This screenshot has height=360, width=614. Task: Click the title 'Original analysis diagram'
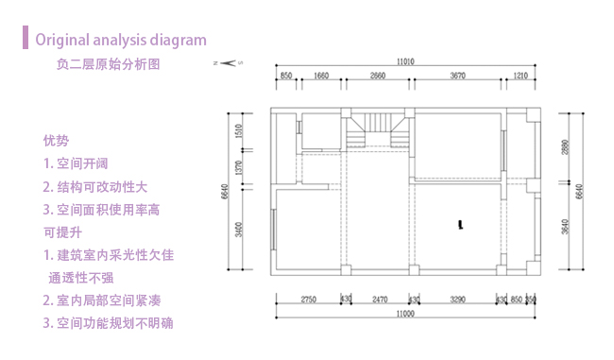click(x=120, y=40)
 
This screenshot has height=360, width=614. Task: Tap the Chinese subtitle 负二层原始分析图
click(x=108, y=65)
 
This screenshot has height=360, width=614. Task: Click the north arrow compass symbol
click(x=229, y=62)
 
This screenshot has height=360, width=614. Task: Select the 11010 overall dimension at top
click(x=406, y=61)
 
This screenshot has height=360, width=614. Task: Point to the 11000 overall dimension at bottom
click(x=406, y=314)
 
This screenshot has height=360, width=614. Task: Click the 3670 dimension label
click(x=458, y=75)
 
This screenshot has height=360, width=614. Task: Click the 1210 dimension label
click(x=520, y=75)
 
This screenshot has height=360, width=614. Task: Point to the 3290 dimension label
click(x=457, y=299)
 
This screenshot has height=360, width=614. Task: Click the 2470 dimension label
click(x=380, y=299)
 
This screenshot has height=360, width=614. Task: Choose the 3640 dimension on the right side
click(x=565, y=227)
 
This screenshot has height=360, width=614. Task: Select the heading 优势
click(x=56, y=141)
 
